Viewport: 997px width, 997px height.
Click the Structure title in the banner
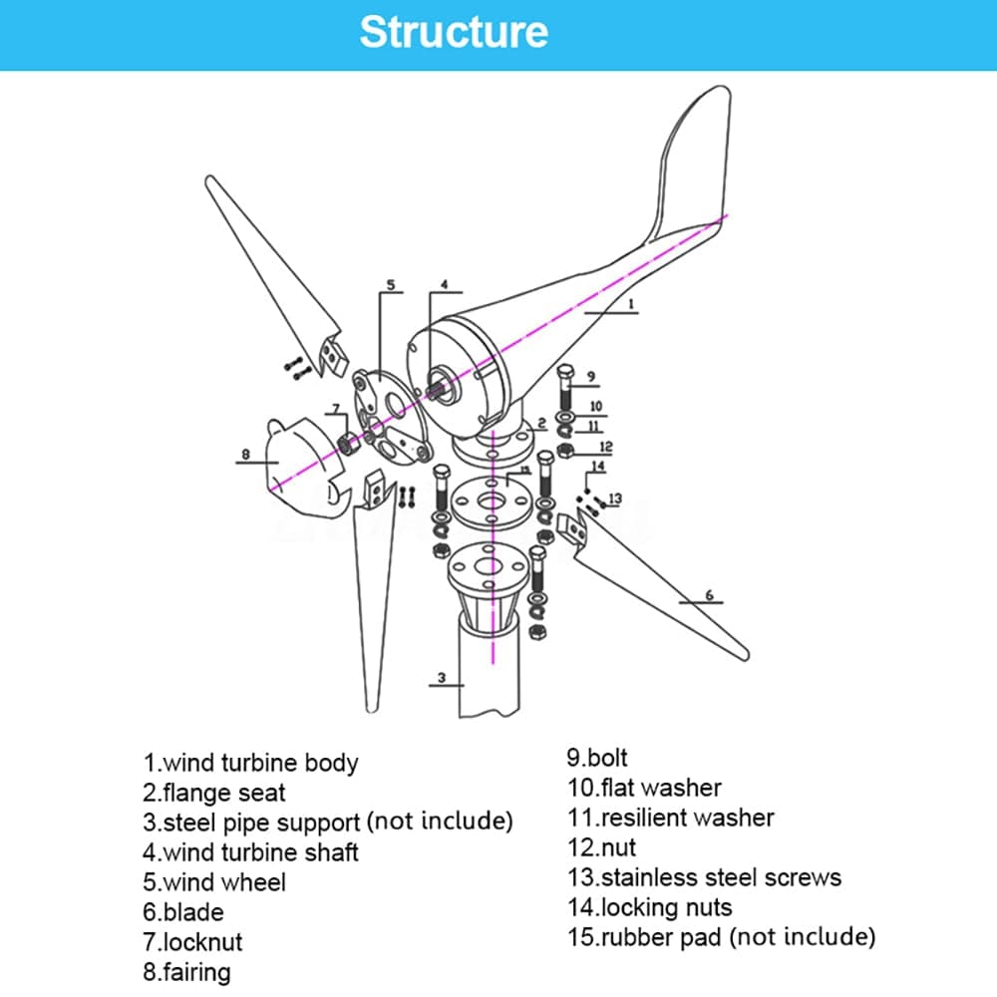click(454, 32)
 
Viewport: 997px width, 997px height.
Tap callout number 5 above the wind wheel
click(390, 284)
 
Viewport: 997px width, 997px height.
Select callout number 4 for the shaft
click(445, 284)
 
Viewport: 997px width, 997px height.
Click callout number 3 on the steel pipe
click(441, 678)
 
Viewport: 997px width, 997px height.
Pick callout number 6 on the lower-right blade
click(709, 595)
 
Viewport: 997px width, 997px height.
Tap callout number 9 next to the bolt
click(591, 376)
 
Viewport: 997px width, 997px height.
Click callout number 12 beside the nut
click(605, 447)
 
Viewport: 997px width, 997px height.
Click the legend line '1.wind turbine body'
click(250, 763)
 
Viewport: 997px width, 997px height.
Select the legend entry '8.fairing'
click(186, 971)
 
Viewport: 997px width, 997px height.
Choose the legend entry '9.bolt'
click(598, 758)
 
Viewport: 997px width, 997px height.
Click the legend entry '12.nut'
click(602, 847)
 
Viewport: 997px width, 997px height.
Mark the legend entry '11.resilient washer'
click(671, 818)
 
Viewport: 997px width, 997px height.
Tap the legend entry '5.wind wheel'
click(214, 882)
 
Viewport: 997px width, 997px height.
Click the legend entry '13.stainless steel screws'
click(705, 877)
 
